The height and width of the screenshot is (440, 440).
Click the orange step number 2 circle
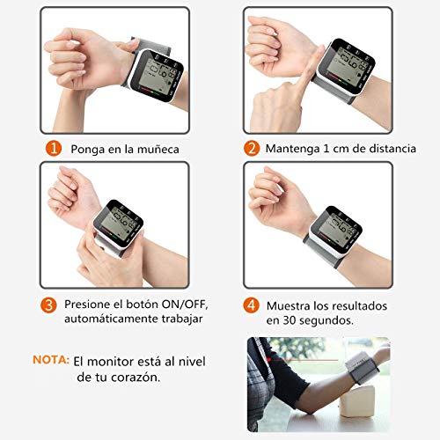(x=252, y=149)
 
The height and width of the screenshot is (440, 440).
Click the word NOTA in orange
(x=49, y=360)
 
